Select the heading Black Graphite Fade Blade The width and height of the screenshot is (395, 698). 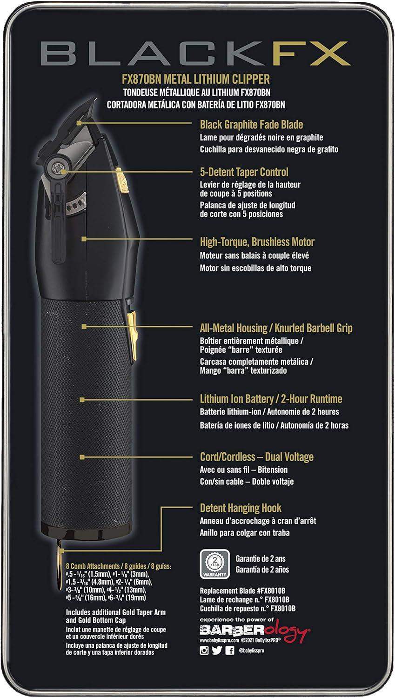click(251, 125)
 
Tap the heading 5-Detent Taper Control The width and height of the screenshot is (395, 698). click(244, 172)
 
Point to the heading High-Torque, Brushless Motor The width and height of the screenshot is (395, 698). click(257, 242)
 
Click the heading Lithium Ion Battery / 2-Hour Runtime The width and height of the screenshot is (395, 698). click(271, 399)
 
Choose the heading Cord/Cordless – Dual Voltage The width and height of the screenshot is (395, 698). click(256, 457)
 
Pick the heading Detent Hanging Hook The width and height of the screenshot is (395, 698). click(241, 508)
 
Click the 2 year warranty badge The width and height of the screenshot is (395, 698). click(214, 564)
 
